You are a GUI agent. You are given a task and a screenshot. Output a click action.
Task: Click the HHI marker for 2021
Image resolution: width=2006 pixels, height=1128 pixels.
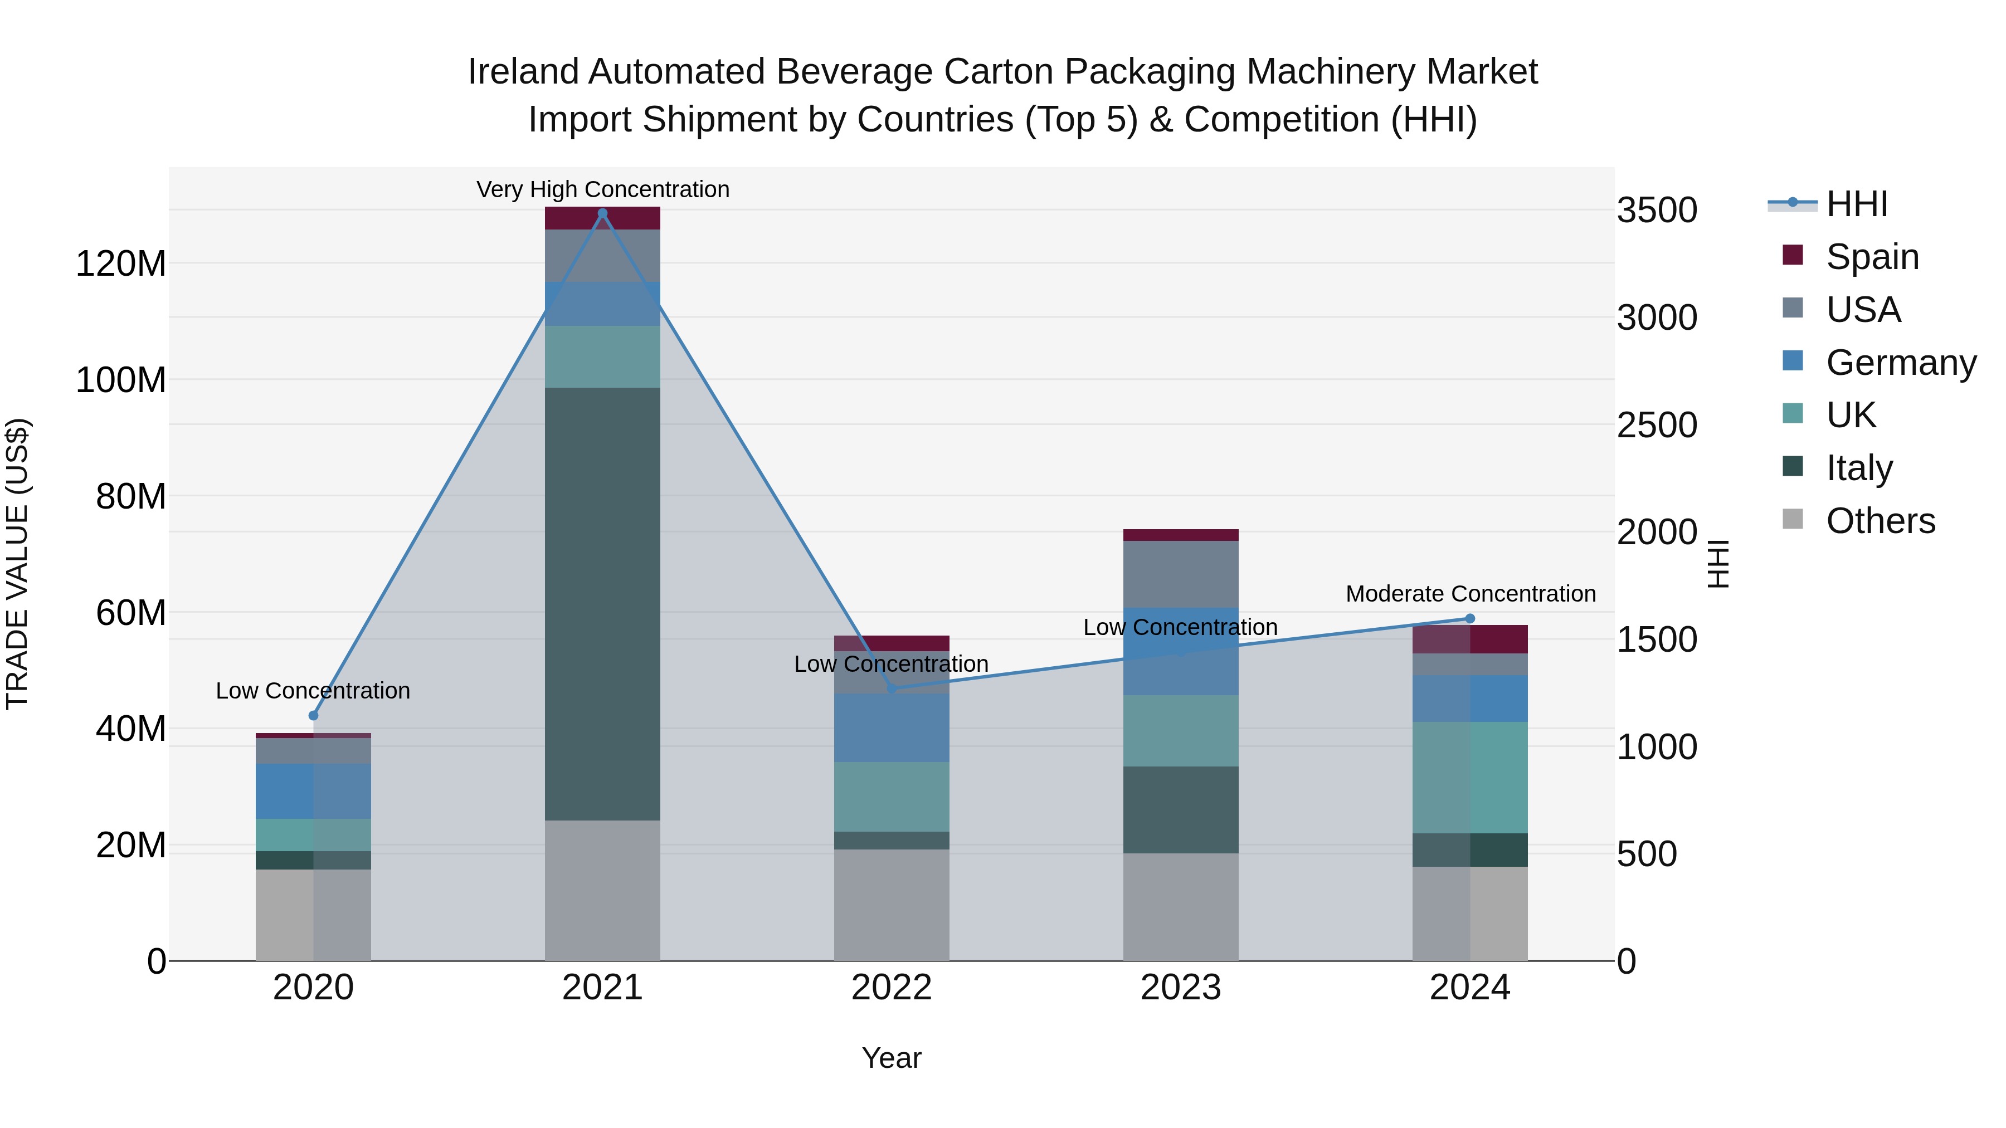pyautogui.click(x=602, y=213)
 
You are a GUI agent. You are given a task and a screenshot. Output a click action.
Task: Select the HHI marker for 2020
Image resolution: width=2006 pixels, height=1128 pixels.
pyautogui.click(x=313, y=715)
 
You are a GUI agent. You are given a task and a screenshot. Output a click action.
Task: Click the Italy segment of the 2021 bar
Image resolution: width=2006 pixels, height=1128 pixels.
pyautogui.click(x=602, y=603)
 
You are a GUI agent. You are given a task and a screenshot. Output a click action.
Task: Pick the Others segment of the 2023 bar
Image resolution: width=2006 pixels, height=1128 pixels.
pyautogui.click(x=1181, y=907)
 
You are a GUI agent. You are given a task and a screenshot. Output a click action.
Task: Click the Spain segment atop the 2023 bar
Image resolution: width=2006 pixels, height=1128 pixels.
pyautogui.click(x=1181, y=535)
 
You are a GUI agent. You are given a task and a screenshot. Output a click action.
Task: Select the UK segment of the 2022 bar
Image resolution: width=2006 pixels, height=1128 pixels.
pyautogui.click(x=892, y=797)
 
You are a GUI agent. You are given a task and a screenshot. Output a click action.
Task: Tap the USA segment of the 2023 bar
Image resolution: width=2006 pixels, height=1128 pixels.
pyautogui.click(x=1181, y=574)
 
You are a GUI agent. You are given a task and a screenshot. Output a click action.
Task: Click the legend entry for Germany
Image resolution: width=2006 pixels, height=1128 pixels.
pyautogui.click(x=1900, y=363)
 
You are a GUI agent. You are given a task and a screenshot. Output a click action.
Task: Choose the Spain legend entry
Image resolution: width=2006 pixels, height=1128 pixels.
pyautogui.click(x=1872, y=257)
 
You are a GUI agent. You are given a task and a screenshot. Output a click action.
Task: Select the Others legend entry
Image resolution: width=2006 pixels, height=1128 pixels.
pyautogui.click(x=1880, y=521)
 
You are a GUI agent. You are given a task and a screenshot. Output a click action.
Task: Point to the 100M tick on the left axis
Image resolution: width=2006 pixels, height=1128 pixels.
pyautogui.click(x=121, y=380)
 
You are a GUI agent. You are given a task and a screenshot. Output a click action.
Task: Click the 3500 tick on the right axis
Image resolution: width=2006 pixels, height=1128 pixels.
pyautogui.click(x=1657, y=210)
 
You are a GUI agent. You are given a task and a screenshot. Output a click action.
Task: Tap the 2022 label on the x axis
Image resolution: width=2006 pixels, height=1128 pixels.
pyautogui.click(x=892, y=988)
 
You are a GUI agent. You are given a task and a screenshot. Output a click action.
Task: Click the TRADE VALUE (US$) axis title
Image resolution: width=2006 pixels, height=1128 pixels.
pyautogui.click(x=17, y=564)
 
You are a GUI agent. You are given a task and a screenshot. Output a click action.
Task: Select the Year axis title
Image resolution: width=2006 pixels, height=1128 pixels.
pyautogui.click(x=892, y=1058)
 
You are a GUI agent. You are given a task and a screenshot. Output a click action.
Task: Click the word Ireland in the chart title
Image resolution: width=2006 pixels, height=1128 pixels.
pyautogui.click(x=523, y=72)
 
